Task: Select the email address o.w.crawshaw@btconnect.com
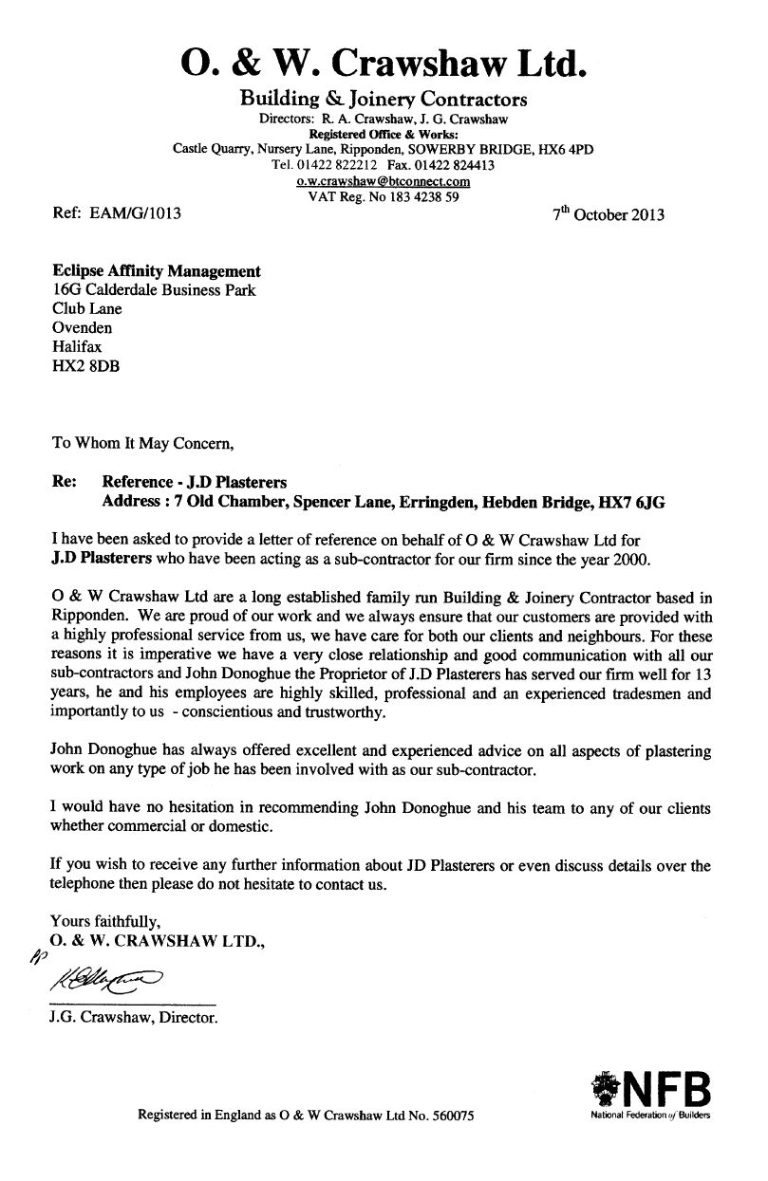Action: (384, 180)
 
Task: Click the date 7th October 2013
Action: (608, 214)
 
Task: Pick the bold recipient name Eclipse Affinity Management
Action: (156, 272)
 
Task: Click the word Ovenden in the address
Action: (83, 328)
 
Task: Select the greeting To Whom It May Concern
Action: (140, 442)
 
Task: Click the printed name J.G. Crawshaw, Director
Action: (134, 1021)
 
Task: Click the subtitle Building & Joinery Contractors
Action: (383, 99)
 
